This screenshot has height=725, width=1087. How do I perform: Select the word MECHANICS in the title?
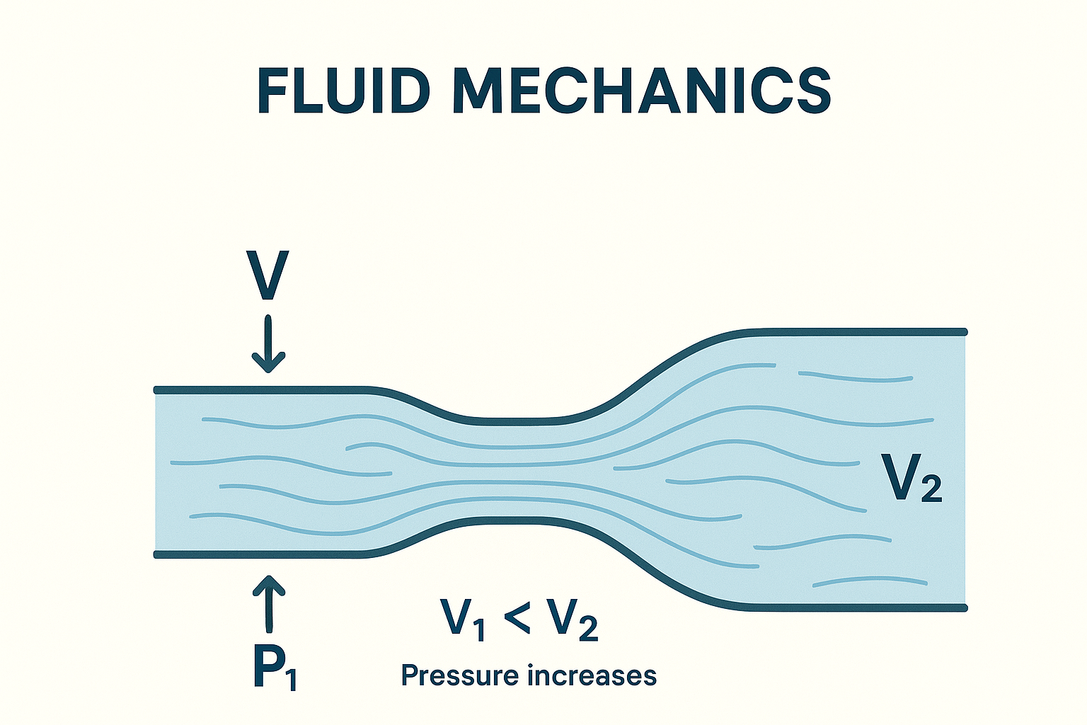[642, 91]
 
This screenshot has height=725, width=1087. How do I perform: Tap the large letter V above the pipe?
[268, 275]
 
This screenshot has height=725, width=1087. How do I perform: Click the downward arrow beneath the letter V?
[268, 344]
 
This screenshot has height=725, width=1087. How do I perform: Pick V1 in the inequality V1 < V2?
[463, 619]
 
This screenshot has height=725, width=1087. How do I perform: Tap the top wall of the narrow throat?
[510, 422]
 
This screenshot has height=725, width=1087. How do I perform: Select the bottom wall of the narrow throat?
[510, 520]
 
